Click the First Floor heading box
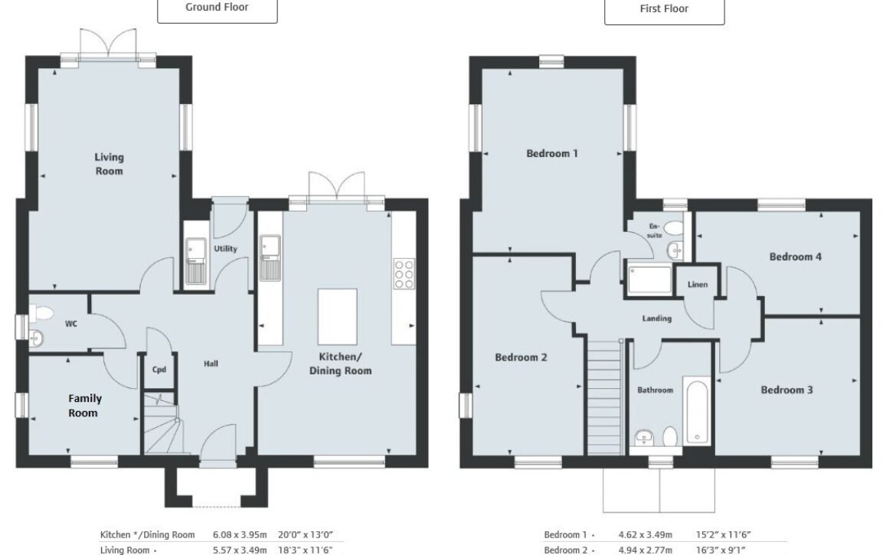(664, 11)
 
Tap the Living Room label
(109, 164)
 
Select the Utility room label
(226, 248)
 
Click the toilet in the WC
(41, 313)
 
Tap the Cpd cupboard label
(159, 370)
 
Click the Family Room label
(84, 406)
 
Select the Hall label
(211, 363)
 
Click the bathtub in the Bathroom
(697, 410)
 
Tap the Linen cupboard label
(698, 284)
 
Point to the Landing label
(656, 318)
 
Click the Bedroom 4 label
(796, 257)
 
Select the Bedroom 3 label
(786, 390)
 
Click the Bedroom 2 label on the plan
(522, 357)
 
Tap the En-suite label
(655, 230)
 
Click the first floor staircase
(604, 397)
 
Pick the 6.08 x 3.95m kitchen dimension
(240, 535)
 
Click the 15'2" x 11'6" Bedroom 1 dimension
(723, 535)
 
